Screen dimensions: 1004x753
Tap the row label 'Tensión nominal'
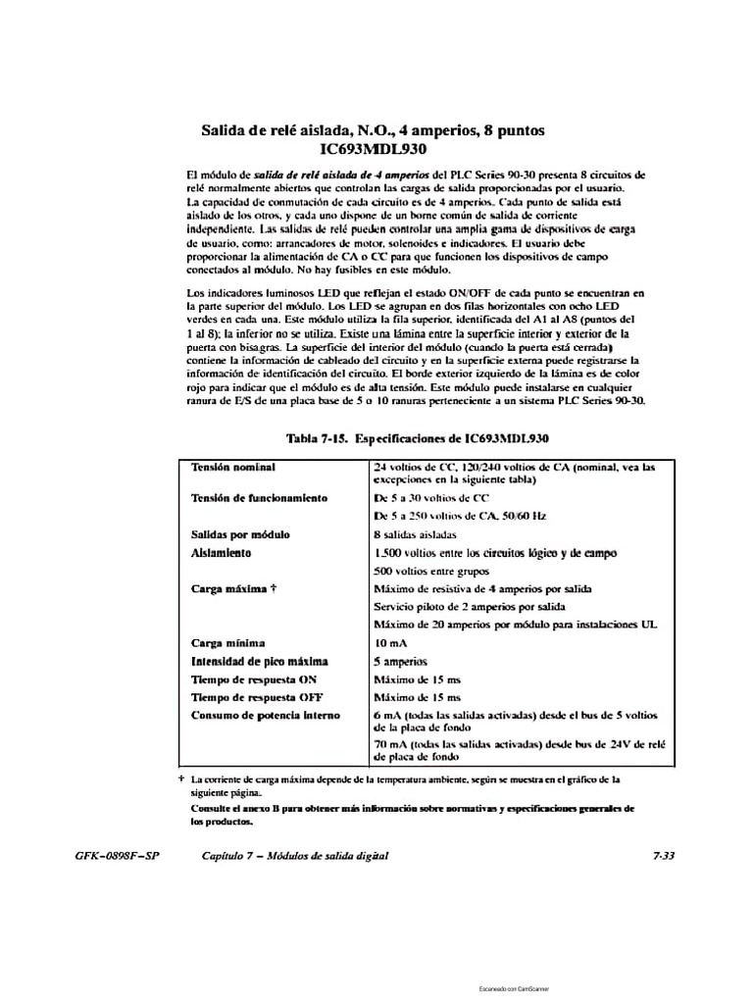tap(233, 467)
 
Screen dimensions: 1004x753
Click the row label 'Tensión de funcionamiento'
tap(259, 498)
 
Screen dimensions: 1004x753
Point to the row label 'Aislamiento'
tap(222, 553)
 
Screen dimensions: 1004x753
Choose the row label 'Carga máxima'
tap(229, 589)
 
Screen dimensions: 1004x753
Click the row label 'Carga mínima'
tap(227, 643)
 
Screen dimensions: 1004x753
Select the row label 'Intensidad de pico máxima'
tap(260, 662)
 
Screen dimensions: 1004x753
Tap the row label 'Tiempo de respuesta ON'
tap(254, 679)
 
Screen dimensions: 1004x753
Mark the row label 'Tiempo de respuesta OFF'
tap(257, 697)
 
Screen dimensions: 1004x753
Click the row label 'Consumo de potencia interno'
tap(265, 716)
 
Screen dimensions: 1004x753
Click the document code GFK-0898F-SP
tap(117, 856)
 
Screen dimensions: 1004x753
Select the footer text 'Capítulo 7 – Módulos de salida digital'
tap(295, 856)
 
